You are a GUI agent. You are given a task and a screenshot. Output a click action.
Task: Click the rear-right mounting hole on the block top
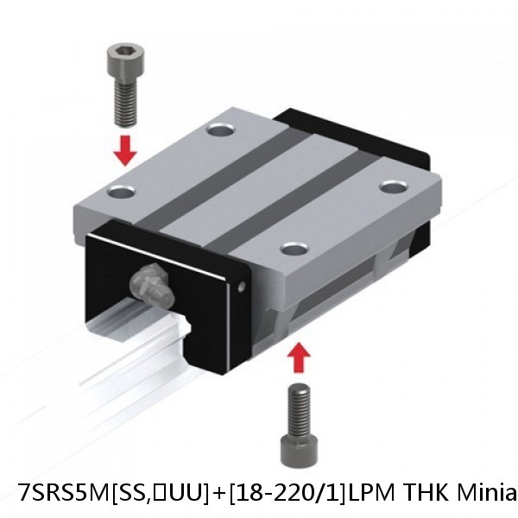click(x=393, y=186)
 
